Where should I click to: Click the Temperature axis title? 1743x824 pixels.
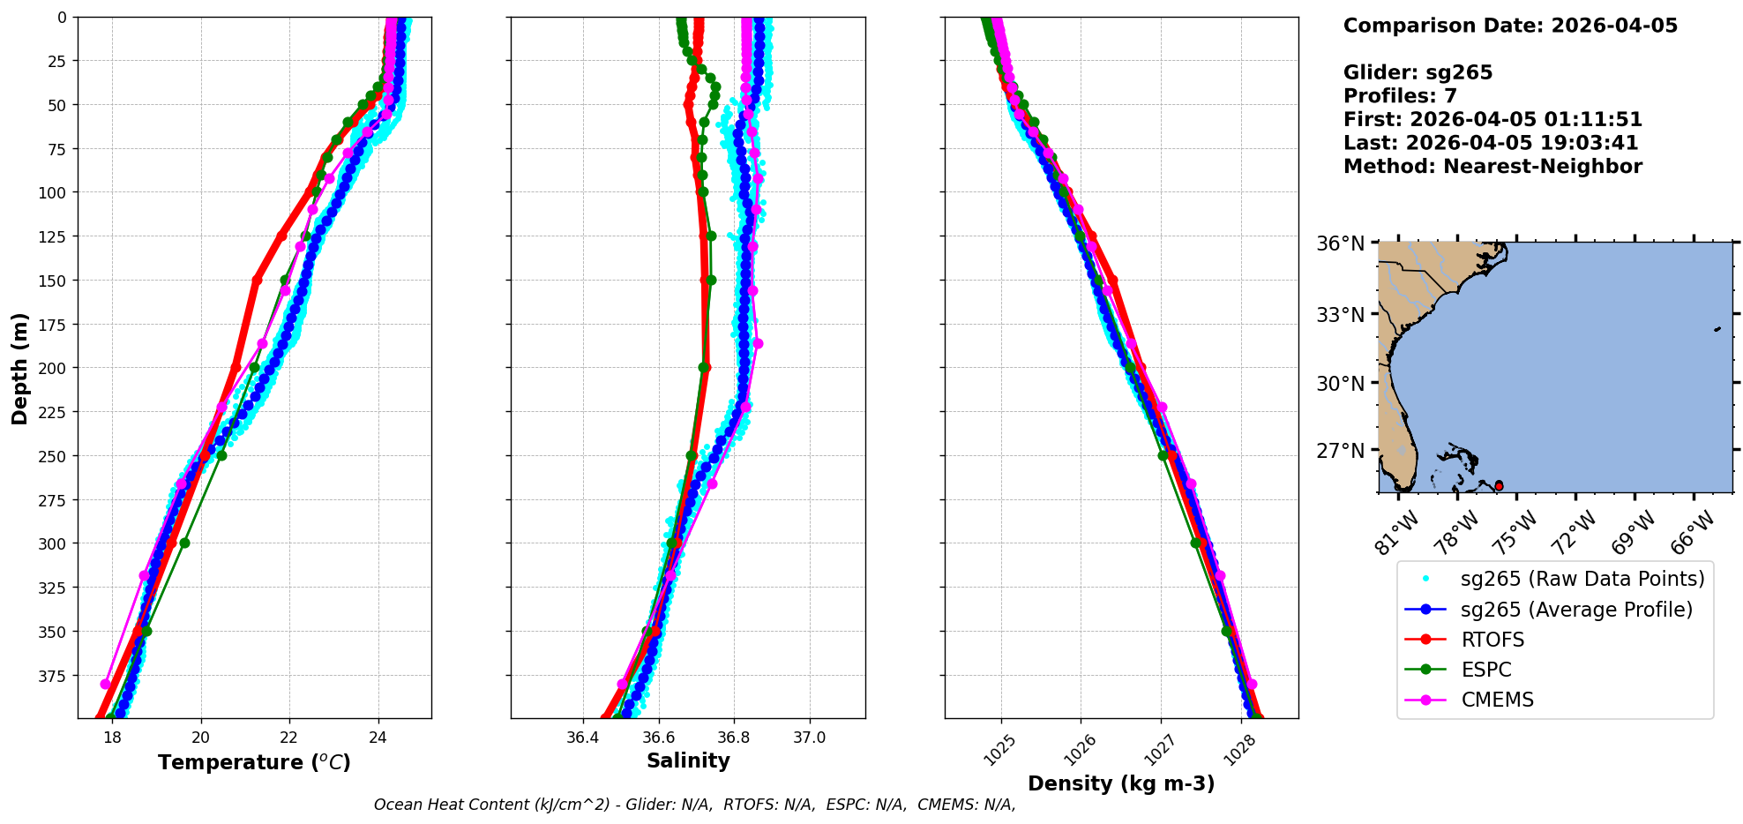[254, 762]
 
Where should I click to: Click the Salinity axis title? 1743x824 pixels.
[688, 760]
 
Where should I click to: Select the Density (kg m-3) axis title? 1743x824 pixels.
[1121, 783]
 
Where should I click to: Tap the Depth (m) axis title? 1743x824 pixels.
[20, 368]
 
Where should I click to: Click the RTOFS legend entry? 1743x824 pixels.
[1492, 640]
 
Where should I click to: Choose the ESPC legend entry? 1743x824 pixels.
[1486, 670]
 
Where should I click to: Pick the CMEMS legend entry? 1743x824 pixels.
[1497, 700]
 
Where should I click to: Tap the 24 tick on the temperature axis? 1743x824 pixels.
[378, 738]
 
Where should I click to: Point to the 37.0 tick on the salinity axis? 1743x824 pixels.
[809, 738]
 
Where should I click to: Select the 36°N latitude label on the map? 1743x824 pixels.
[1340, 243]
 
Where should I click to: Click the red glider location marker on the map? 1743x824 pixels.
[1499, 486]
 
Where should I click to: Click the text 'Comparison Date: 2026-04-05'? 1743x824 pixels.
[1510, 26]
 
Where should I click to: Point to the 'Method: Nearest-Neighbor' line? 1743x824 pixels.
[1492, 167]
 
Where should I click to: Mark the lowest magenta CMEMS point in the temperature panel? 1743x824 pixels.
[106, 684]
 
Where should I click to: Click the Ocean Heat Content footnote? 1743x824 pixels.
[694, 805]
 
